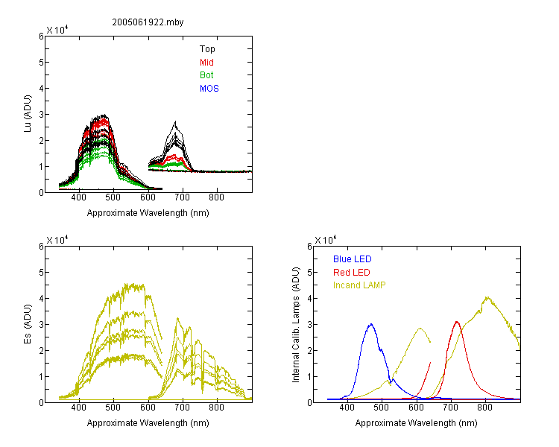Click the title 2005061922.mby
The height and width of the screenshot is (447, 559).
(x=148, y=22)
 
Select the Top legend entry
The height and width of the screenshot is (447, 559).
(x=207, y=49)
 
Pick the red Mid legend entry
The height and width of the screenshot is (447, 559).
(x=206, y=63)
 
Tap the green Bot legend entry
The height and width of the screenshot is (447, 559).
(x=206, y=75)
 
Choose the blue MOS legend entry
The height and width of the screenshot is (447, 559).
(x=209, y=89)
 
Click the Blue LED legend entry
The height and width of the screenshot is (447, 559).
(x=353, y=259)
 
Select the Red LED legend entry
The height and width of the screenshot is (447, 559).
(x=352, y=273)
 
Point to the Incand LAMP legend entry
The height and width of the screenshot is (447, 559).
(x=359, y=285)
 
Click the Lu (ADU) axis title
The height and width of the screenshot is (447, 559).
(x=28, y=114)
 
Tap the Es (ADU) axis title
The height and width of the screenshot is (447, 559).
(x=28, y=324)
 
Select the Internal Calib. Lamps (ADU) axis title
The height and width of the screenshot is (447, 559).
(x=296, y=325)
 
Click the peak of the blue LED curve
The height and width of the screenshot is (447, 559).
(x=371, y=324)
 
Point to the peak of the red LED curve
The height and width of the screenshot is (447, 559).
(x=457, y=322)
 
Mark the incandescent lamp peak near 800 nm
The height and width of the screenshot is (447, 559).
(x=487, y=297)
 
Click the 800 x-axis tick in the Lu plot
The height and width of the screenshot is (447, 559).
(x=216, y=197)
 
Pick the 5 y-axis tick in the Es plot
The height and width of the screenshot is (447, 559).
(x=41, y=273)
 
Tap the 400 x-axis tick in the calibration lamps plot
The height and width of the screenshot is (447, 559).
(x=347, y=408)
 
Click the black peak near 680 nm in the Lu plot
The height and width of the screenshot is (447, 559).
(x=175, y=122)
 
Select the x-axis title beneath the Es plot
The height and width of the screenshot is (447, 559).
(x=148, y=423)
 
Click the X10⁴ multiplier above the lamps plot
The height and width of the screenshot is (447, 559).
(x=325, y=240)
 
